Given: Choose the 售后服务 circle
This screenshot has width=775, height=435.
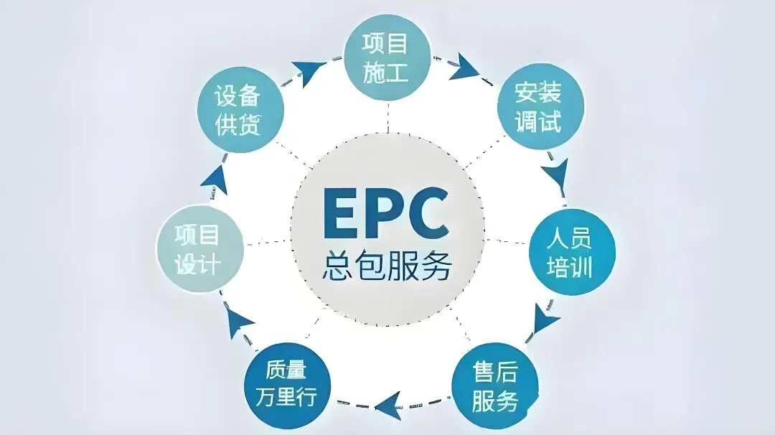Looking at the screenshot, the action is pyautogui.click(x=495, y=388).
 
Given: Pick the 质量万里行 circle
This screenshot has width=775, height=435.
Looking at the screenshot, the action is pyautogui.click(x=286, y=385).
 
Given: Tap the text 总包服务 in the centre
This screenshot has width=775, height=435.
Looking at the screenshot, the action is pyautogui.click(x=387, y=267).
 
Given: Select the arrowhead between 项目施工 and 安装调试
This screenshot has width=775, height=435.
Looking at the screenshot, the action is pyautogui.click(x=464, y=66).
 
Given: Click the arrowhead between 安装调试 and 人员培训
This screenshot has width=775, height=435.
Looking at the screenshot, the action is pyautogui.click(x=554, y=172).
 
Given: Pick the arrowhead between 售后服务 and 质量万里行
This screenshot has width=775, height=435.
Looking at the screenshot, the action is pyautogui.click(x=388, y=403).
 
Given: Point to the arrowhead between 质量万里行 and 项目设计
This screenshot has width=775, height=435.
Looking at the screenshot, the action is pyautogui.click(x=239, y=324).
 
